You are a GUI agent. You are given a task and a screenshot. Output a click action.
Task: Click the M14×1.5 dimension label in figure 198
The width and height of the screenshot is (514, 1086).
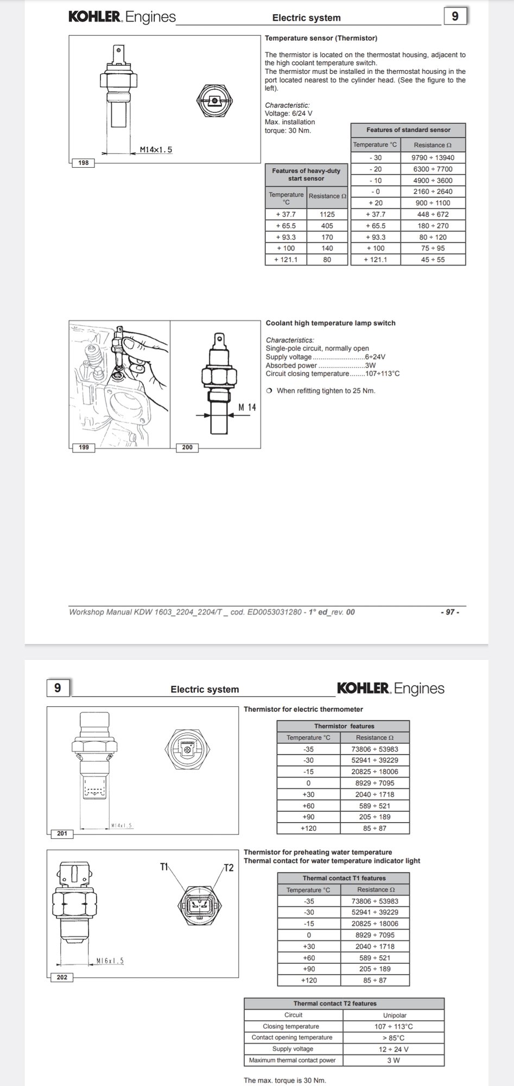click(x=156, y=149)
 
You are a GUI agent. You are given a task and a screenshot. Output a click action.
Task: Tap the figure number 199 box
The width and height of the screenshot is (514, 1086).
click(x=84, y=447)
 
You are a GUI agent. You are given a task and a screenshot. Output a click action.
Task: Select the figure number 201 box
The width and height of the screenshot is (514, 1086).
click(x=62, y=833)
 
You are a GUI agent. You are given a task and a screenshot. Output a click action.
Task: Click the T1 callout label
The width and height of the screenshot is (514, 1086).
click(x=164, y=867)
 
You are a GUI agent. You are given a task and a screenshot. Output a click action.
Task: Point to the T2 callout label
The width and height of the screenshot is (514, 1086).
click(x=229, y=868)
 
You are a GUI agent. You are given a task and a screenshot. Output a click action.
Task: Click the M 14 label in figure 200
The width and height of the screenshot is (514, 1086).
click(x=248, y=407)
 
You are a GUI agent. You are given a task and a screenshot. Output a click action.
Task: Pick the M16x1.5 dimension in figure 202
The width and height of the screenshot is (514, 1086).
click(x=110, y=961)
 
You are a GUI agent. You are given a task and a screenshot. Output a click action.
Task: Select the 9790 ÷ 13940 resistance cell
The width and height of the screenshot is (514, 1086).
click(x=433, y=157)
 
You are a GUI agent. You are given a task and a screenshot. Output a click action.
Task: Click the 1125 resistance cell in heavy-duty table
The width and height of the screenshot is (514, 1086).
click(x=327, y=214)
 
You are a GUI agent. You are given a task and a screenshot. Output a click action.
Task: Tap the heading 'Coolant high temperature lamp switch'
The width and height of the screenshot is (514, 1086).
click(x=330, y=323)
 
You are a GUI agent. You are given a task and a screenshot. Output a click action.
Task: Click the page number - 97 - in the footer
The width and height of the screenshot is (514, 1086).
click(x=449, y=612)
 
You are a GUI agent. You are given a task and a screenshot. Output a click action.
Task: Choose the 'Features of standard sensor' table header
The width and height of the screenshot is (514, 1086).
click(x=408, y=130)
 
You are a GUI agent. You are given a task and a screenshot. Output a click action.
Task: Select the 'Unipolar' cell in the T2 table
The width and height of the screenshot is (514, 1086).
click(x=394, y=1015)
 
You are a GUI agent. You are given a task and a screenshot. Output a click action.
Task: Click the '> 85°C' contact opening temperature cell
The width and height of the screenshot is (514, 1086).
click(x=394, y=1037)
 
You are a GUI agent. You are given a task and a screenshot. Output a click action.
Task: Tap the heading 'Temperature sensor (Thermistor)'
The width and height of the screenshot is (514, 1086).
click(x=321, y=38)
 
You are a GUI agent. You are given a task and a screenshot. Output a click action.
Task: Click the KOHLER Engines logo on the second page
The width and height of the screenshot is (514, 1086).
click(x=390, y=689)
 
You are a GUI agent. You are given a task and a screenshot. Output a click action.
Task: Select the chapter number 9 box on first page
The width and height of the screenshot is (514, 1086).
click(x=455, y=16)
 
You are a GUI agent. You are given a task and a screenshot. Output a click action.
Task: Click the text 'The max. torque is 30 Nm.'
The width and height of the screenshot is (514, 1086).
click(x=285, y=1080)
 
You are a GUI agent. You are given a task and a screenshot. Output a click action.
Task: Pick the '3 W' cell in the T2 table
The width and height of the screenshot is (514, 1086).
click(x=394, y=1060)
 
